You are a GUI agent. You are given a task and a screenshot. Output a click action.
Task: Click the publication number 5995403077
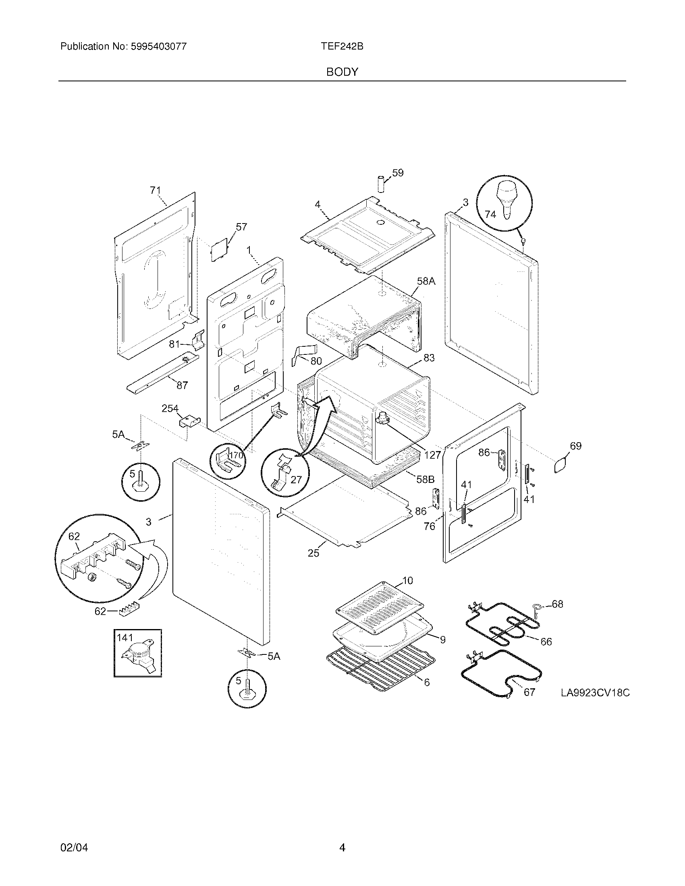click(x=159, y=47)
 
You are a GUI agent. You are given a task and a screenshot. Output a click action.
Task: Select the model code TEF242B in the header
click(x=342, y=47)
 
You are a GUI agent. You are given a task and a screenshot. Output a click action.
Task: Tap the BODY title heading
click(x=342, y=72)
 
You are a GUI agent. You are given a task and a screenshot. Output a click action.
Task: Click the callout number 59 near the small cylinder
click(x=398, y=173)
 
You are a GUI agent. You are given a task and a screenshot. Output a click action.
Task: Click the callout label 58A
click(x=426, y=281)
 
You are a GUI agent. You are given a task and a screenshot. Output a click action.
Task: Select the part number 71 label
click(x=155, y=190)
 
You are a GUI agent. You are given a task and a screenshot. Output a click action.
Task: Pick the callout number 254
click(x=170, y=408)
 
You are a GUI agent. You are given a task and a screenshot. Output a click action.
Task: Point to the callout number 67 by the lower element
click(x=529, y=692)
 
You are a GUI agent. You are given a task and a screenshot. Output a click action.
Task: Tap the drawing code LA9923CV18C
click(x=595, y=693)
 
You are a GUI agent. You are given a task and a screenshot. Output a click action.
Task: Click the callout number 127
click(x=432, y=455)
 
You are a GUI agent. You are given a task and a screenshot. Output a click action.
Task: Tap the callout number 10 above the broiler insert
click(x=407, y=581)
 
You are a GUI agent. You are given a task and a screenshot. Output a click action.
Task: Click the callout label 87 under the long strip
click(x=182, y=385)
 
